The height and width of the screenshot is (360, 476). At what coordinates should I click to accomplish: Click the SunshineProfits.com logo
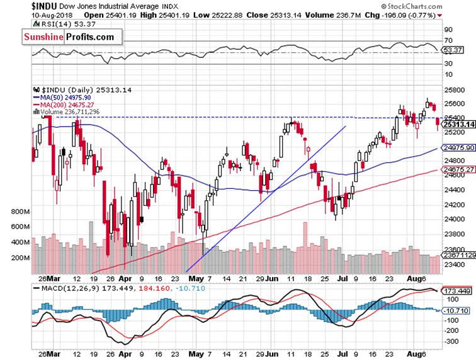[69, 37]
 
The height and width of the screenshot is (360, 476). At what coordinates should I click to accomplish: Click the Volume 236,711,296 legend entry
[67, 112]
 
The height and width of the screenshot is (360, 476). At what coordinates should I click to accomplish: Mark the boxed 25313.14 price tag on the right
[458, 125]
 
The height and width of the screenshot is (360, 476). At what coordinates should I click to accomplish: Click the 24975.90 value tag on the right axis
[458, 148]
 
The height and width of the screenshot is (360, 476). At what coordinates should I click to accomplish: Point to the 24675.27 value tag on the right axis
[458, 170]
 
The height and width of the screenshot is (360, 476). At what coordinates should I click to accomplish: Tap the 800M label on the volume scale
[21, 212]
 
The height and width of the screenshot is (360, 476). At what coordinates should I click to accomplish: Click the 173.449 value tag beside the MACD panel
[458, 292]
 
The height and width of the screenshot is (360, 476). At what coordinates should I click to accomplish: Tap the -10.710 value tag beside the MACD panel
[457, 310]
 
